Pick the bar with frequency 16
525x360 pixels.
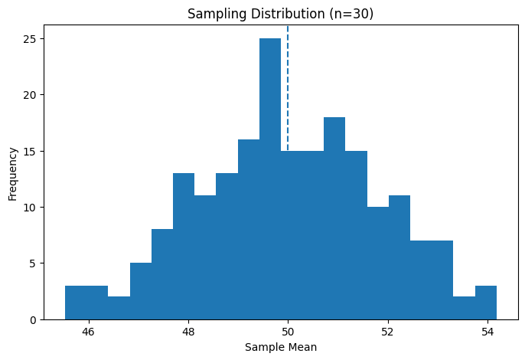pyautogui.click(x=249, y=230)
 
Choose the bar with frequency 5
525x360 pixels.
pyautogui.click(x=141, y=291)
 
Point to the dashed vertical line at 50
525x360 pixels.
pyautogui.click(x=288, y=77)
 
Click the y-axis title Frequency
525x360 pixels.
pyautogui.click(x=13, y=172)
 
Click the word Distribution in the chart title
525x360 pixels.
pyautogui.click(x=292, y=14)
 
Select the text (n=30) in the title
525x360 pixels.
pyautogui.click(x=353, y=14)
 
